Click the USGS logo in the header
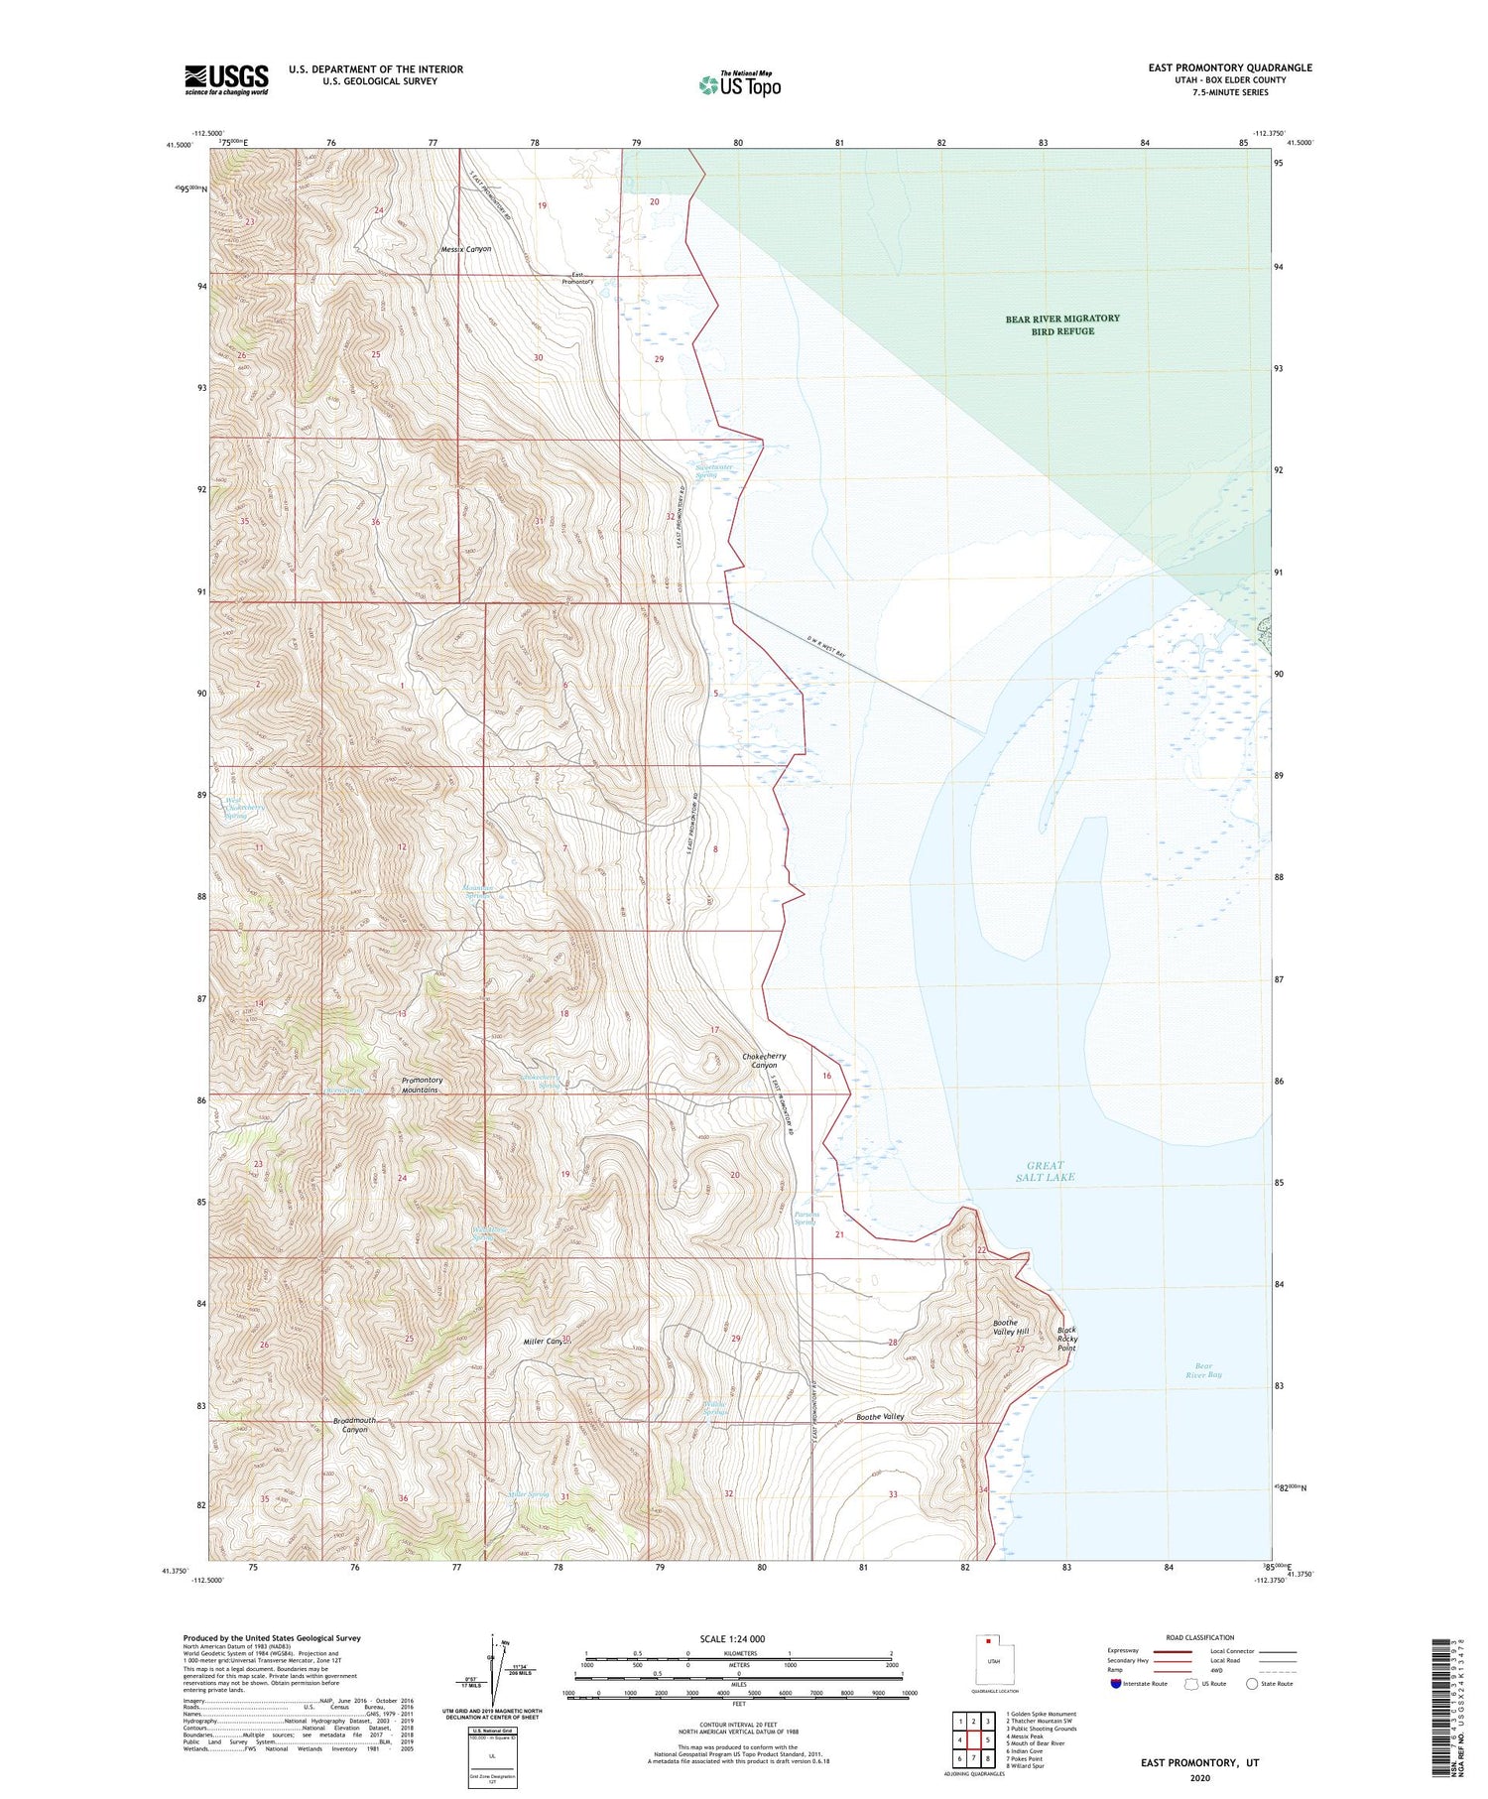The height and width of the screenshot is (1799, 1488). (x=226, y=79)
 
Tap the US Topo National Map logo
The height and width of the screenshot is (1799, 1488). (x=740, y=84)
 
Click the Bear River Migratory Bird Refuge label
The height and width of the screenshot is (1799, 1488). (x=1062, y=324)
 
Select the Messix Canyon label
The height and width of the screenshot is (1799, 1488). (x=466, y=249)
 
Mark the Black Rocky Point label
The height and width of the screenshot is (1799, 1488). (x=1066, y=1339)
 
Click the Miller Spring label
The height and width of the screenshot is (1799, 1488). (x=527, y=1493)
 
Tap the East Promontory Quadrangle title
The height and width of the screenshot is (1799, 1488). (x=1229, y=67)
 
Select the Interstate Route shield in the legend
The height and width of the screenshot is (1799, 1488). (x=1116, y=1683)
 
